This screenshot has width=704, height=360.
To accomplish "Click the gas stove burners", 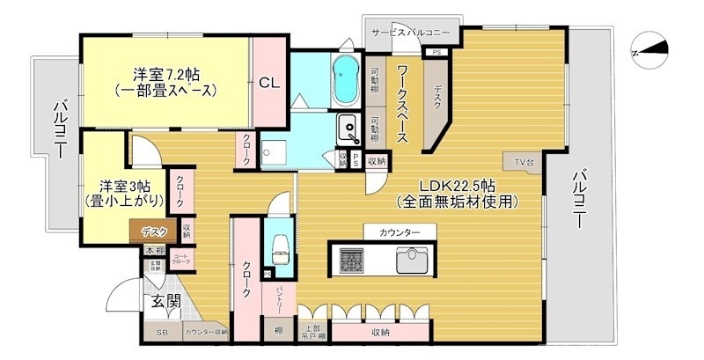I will pos(351,260).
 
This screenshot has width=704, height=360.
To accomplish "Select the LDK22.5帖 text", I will pos(457,187).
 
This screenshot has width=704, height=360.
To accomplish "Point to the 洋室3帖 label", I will pos(123,187).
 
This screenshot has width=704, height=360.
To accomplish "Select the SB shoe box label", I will pos(162,332).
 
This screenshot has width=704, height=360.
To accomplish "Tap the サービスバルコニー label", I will pos(410,32).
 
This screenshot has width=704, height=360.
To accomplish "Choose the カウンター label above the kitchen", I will pos(400,231).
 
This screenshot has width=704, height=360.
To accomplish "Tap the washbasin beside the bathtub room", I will pos(349,130).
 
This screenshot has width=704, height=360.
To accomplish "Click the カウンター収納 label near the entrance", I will pos(206,332).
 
